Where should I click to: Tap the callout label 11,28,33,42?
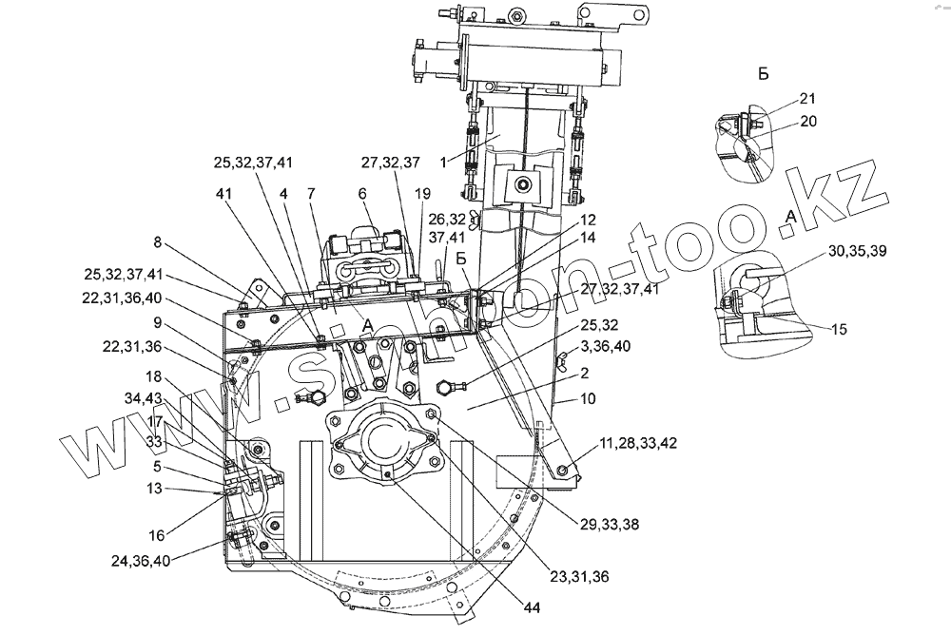[x=638, y=442]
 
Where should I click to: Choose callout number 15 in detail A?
[x=838, y=329]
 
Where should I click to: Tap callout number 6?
[x=362, y=192]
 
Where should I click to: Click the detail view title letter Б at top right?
[x=764, y=72]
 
